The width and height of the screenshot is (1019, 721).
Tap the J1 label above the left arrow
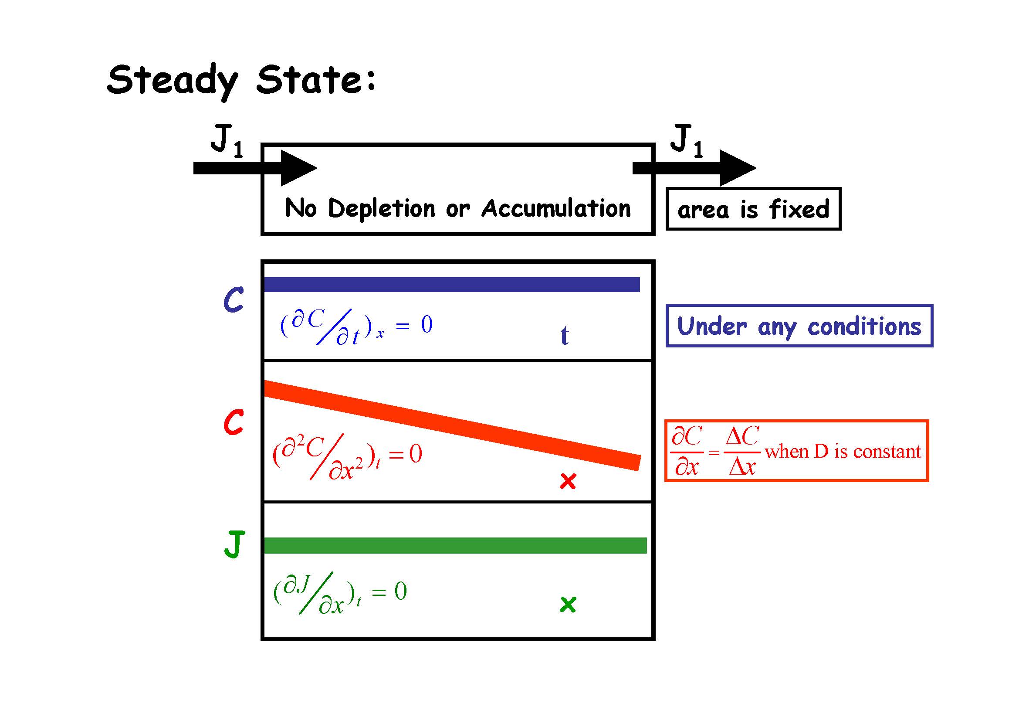227,140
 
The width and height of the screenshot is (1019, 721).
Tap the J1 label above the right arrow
686,140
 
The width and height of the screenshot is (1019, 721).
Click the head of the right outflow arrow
737,168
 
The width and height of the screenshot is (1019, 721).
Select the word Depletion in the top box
381,208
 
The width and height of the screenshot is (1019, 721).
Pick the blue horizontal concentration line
452,285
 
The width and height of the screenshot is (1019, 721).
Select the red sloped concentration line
452,425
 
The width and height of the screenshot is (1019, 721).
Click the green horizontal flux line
455,546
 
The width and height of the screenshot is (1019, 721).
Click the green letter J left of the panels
234,544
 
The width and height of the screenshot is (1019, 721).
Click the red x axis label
568,481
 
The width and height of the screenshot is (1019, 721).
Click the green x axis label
568,604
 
